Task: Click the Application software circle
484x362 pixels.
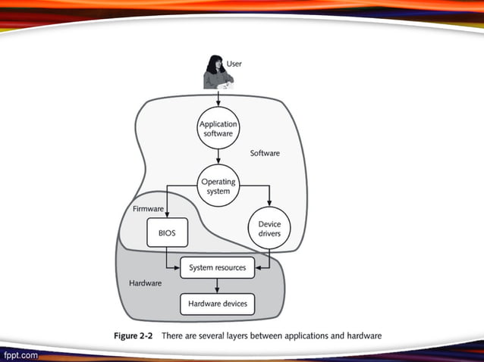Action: tap(218, 128)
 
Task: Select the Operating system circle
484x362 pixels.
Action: tap(218, 187)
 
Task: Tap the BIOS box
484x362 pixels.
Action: tap(167, 233)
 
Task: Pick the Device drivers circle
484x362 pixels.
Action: tap(269, 229)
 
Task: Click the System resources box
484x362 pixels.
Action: tap(218, 268)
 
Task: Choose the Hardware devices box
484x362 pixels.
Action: tap(218, 304)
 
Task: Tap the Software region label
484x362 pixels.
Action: tap(265, 153)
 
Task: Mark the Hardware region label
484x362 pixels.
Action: tap(145, 283)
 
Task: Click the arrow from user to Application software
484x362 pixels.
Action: tap(218, 98)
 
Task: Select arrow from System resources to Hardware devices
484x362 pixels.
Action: tap(218, 286)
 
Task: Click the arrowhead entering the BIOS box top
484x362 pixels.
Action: tap(167, 216)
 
